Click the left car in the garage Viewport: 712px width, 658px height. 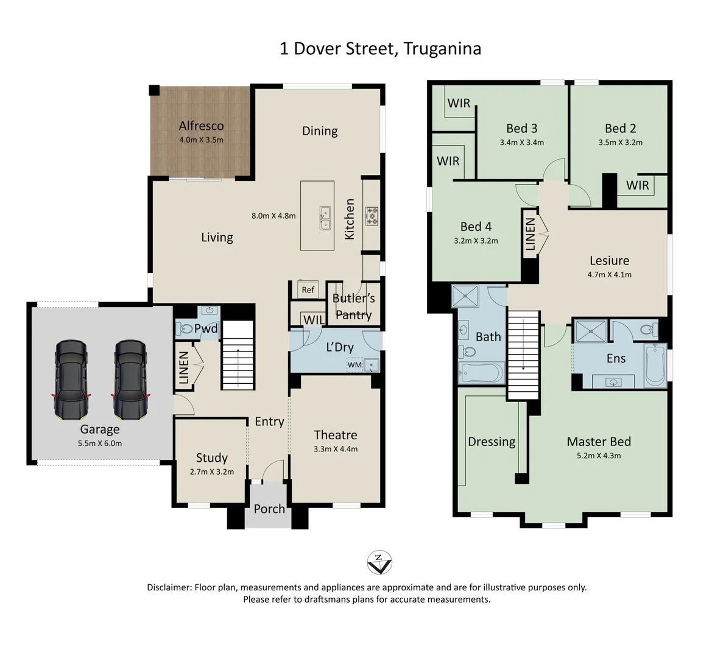(71, 380)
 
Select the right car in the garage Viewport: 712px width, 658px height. (130, 380)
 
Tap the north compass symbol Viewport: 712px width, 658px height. (379, 562)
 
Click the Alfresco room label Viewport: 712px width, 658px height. (201, 126)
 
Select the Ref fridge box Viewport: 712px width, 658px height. (308, 290)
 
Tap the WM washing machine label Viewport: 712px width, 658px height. (354, 365)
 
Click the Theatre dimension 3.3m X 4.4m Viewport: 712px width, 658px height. (336, 449)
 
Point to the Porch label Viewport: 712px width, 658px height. (269, 509)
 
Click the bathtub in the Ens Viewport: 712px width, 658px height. (655, 364)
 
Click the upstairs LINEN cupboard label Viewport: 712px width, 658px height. (530, 234)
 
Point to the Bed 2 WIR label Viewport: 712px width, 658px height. (638, 185)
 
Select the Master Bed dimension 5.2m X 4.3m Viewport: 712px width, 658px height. (599, 456)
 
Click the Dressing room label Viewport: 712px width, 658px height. (492, 442)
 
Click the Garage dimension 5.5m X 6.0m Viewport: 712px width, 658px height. (100, 443)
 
